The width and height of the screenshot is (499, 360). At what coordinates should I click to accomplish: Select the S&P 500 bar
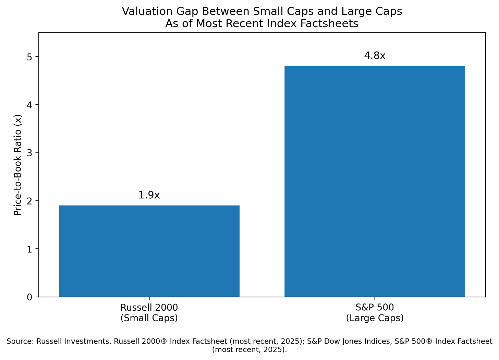point(375,181)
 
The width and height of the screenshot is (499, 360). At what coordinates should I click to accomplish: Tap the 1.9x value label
point(149,195)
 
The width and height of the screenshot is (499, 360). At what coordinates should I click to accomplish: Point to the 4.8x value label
point(375,55)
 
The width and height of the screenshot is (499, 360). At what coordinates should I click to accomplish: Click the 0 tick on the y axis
point(30,297)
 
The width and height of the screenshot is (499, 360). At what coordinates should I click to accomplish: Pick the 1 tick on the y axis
point(30,249)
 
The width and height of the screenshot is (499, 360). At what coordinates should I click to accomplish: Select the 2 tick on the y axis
point(30,201)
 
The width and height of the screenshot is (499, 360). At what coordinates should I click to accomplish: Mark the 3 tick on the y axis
point(30,153)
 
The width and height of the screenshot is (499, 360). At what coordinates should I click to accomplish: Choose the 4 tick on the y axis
point(30,105)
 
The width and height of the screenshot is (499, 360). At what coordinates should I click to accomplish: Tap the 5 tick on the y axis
point(30,57)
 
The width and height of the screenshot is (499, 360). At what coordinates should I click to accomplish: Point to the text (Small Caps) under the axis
point(149,318)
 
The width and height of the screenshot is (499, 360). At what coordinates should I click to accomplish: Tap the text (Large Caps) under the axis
point(375,318)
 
